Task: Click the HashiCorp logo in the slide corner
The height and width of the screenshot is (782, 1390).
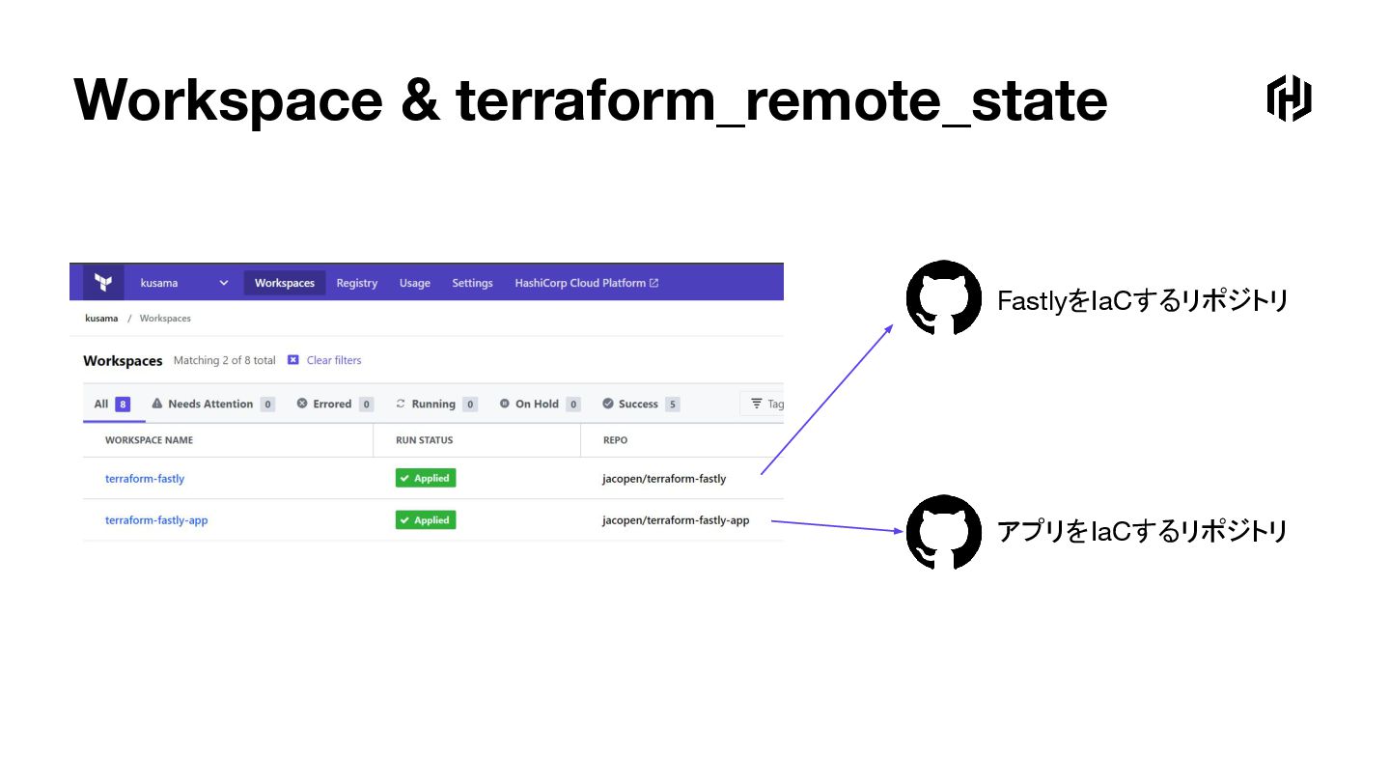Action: [x=1289, y=98]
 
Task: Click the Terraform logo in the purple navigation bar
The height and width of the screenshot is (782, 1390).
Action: [x=102, y=283]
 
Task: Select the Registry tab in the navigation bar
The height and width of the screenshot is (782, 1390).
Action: [x=356, y=283]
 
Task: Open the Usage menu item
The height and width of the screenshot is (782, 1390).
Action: [x=414, y=283]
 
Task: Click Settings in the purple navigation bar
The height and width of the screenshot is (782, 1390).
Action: [x=472, y=283]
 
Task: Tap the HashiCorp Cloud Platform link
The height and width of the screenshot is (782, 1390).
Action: [x=586, y=283]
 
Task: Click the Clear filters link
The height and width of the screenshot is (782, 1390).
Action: [x=333, y=360]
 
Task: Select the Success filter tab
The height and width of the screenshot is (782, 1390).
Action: [x=640, y=404]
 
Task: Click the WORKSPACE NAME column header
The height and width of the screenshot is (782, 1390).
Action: [x=149, y=440]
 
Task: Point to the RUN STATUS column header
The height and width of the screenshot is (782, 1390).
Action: [x=424, y=440]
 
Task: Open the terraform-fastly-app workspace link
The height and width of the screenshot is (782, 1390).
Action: [x=156, y=520]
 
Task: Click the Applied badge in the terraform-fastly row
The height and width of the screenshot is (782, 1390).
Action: [x=425, y=478]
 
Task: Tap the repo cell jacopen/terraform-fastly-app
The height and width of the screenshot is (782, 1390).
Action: [x=676, y=520]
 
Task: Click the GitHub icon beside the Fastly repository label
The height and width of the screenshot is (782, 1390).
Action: [x=943, y=298]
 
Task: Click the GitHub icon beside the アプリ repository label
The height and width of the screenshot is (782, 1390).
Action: [x=943, y=532]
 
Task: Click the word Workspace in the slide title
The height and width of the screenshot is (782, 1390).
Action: [x=228, y=99]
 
